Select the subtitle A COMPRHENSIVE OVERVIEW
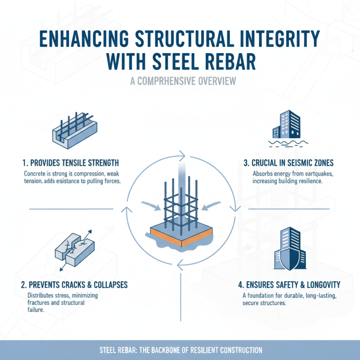click(180, 82)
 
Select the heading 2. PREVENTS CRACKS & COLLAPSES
click(75, 285)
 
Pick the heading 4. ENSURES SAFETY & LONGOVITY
click(288, 284)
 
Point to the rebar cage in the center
click(180, 202)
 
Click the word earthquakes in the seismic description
click(310, 174)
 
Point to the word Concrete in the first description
click(36, 174)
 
